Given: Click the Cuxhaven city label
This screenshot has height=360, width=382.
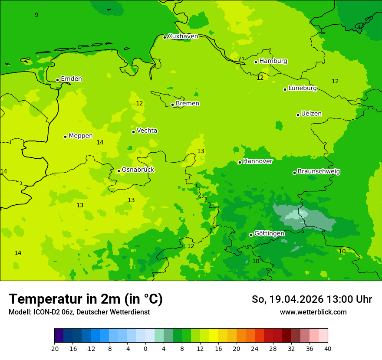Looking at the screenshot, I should [x=183, y=36].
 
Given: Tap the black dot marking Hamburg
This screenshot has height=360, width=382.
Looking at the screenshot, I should [x=256, y=62].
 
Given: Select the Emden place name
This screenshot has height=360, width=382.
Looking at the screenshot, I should [x=71, y=79].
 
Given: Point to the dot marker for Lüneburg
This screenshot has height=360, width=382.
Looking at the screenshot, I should [x=285, y=89].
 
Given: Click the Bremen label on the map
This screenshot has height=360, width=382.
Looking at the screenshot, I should [x=188, y=104].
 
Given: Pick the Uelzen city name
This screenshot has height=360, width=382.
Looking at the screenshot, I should [x=311, y=114].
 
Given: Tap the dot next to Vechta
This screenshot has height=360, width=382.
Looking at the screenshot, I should [x=134, y=132].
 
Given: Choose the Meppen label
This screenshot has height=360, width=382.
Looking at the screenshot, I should [x=81, y=136].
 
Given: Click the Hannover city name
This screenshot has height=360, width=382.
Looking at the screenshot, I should [x=258, y=161].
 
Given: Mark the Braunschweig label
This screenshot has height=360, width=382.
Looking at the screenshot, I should [x=319, y=172].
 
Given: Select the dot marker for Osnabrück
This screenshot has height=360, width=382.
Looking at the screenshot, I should [x=119, y=171].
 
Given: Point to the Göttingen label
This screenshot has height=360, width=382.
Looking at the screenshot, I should [x=269, y=234].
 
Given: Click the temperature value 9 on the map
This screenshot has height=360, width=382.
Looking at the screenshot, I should [x=36, y=15].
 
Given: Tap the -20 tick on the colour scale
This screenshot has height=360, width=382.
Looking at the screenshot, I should [x=54, y=348].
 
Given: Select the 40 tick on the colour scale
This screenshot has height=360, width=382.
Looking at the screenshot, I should [x=328, y=348].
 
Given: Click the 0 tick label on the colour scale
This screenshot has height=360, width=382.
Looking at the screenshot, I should [x=145, y=348].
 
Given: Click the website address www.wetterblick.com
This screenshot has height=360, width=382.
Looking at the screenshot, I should [x=313, y=312].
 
